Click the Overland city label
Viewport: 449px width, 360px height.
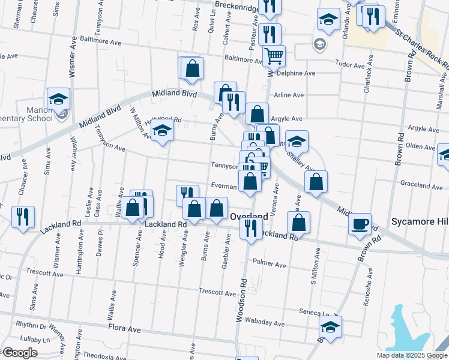tap(249, 216)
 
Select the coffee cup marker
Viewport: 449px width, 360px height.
tap(360, 224)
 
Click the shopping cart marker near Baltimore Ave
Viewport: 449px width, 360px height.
tap(274, 56)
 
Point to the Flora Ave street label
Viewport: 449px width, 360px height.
tap(124, 329)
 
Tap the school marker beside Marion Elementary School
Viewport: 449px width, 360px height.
tap(59, 99)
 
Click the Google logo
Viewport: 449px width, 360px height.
tap(20, 353)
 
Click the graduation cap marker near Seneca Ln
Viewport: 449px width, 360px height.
tap(330, 327)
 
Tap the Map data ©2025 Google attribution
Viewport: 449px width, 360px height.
tap(411, 355)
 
